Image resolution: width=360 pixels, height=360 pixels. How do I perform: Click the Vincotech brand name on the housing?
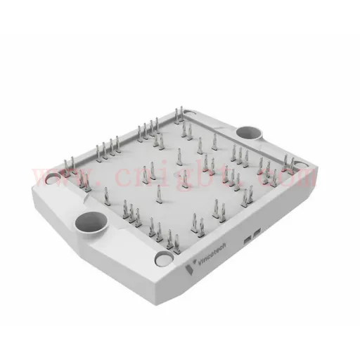212,254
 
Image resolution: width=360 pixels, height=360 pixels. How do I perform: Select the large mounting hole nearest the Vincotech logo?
91,223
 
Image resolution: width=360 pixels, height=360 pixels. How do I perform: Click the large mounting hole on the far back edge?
249,133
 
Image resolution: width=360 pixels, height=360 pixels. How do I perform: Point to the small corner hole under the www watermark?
53,179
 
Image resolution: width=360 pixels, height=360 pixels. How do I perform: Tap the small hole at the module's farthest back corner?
190,113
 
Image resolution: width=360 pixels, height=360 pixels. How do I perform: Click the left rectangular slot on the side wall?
247,240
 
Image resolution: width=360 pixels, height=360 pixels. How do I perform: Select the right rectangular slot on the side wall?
257,233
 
